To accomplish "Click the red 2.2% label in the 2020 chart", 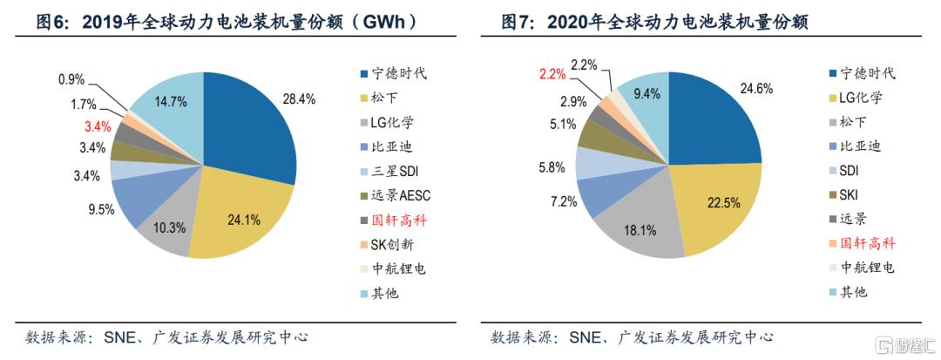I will pyautogui.click(x=553, y=74).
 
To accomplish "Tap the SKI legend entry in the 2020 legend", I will pyautogui.click(x=850, y=194).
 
